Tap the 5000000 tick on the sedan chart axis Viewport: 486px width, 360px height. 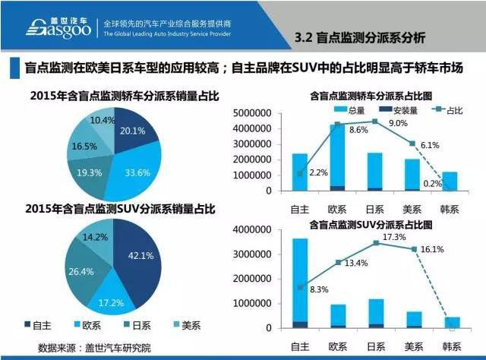[x=250, y=112]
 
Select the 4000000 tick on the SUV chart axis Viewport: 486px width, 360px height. [x=250, y=229]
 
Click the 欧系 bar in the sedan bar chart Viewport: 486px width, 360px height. [x=336, y=157]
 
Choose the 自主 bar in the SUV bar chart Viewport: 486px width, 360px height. [x=300, y=283]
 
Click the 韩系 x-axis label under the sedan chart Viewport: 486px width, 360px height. [x=451, y=206]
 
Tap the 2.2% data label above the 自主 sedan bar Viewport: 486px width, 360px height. [x=318, y=172]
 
